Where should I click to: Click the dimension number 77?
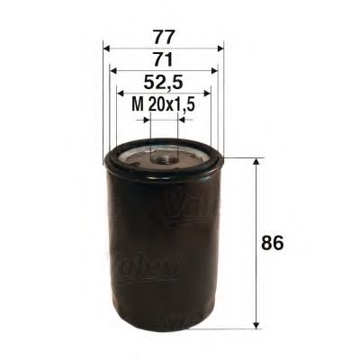(x=163, y=39)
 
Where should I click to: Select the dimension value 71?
(x=163, y=59)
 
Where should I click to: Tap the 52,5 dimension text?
(x=163, y=82)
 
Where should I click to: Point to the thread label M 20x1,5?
(x=164, y=105)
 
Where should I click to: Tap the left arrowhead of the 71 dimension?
(x=112, y=70)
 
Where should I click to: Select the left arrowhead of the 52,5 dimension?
(x=121, y=92)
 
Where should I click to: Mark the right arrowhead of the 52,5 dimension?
(x=206, y=92)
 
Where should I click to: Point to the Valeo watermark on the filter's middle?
(x=148, y=266)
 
